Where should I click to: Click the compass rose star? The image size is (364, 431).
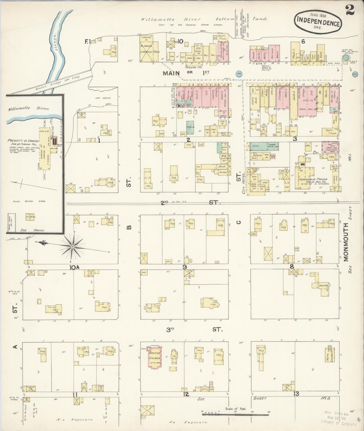coord(73,247)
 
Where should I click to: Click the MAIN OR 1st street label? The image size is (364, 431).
coord(186,73)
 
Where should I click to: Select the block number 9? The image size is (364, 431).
coord(185,267)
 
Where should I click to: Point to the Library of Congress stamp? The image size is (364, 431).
coord(338,419)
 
